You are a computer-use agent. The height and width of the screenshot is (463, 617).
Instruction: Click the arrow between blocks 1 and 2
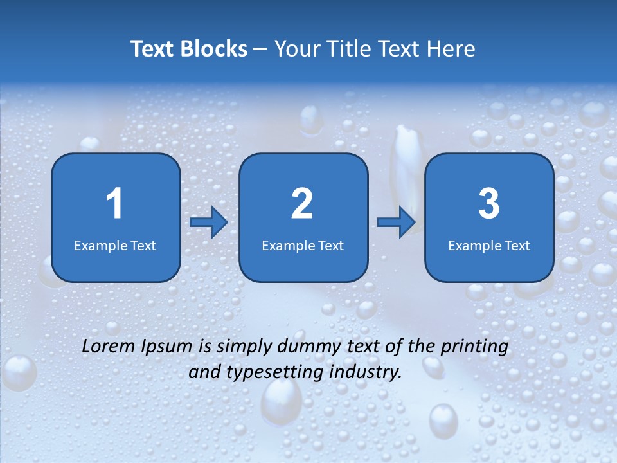click(209, 222)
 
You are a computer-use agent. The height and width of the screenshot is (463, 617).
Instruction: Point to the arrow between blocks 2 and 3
click(397, 222)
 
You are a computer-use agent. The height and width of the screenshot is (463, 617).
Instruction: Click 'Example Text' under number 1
click(115, 245)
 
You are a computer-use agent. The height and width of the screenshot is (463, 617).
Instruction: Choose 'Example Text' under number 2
click(303, 245)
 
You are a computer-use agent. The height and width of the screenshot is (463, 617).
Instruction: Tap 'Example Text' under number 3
click(489, 245)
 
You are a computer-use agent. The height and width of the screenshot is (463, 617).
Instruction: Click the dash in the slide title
click(260, 50)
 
